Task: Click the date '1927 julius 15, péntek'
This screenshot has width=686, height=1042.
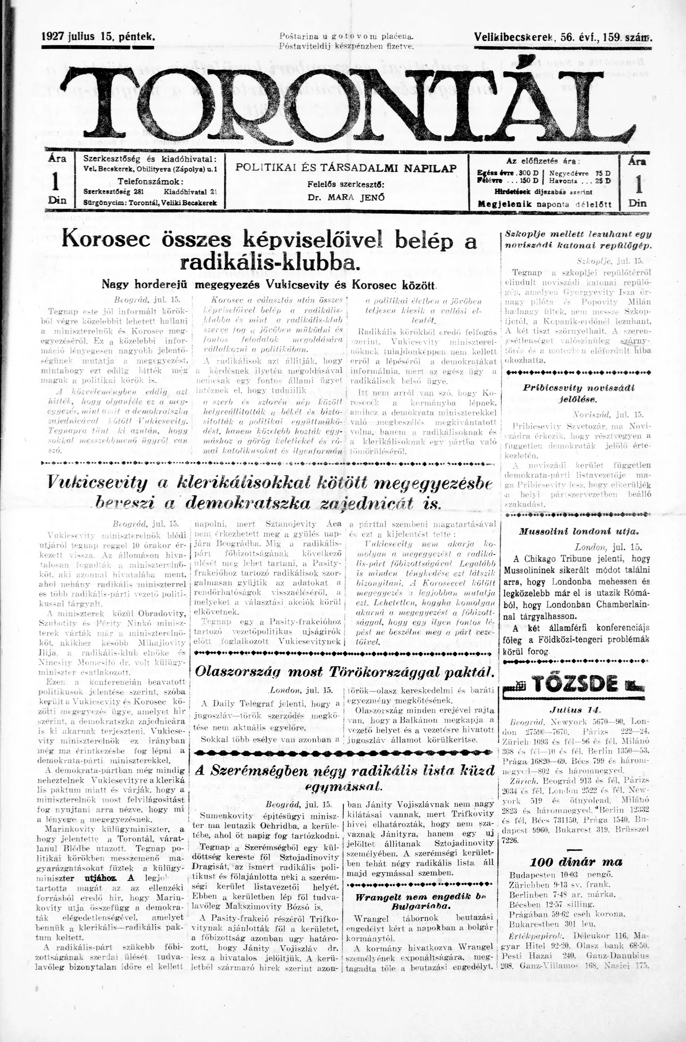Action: pos(98,37)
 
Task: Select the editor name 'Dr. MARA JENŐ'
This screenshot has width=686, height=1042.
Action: pos(346,197)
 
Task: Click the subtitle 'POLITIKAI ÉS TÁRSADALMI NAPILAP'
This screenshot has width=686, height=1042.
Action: pos(346,168)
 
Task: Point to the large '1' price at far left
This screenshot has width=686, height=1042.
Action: pos(56,182)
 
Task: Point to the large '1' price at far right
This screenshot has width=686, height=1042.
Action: pos(638,184)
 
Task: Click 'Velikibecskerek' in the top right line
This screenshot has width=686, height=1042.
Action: pos(513,38)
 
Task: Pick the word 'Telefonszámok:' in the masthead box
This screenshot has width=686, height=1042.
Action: pos(150,182)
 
